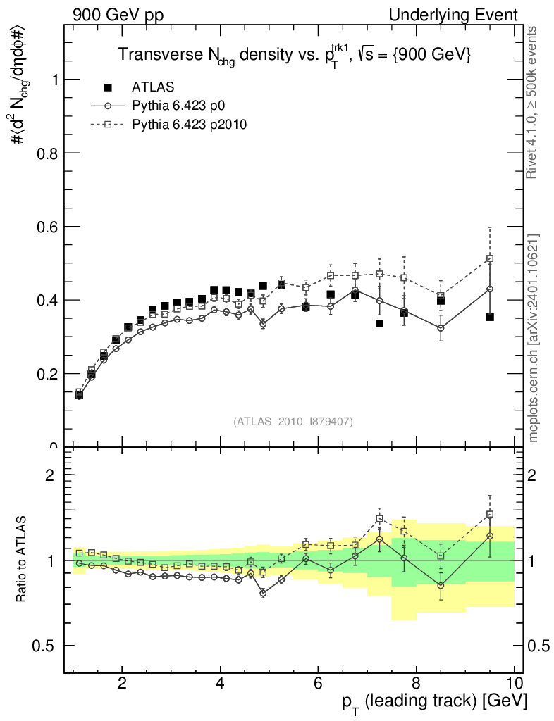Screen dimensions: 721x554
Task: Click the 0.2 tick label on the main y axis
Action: tap(49, 374)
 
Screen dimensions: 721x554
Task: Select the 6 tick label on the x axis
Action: tap(318, 683)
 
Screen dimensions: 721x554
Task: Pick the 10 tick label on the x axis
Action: tap(514, 683)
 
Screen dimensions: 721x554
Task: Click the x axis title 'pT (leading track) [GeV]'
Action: tap(436, 702)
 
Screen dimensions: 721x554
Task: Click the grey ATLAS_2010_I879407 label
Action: tap(293, 421)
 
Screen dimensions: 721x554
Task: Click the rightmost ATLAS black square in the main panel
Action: tap(490, 317)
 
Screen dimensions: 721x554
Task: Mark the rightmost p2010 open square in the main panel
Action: tap(490, 258)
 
